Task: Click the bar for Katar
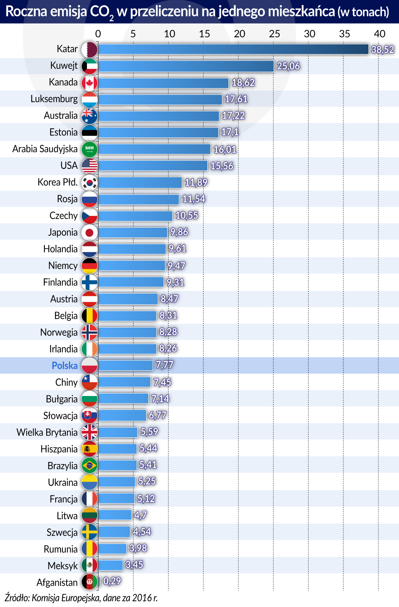tap(233, 49)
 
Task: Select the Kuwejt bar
tap(186, 66)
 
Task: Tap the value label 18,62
tap(243, 83)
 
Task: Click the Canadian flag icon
tap(89, 83)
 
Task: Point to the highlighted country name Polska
tap(64, 366)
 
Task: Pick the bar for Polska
tap(125, 365)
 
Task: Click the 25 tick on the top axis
tap(274, 34)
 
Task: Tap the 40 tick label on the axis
tap(379, 34)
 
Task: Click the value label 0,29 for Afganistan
tap(112, 581)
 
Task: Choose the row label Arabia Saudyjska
tap(45, 149)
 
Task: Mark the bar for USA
tap(153, 166)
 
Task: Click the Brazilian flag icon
tap(89, 465)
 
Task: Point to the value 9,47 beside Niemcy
tap(177, 266)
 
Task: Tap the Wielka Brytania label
tap(47, 432)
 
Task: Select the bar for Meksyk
tap(110, 565)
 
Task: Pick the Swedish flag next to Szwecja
tap(89, 532)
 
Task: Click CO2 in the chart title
tap(102, 12)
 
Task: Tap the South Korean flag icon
tap(89, 182)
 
